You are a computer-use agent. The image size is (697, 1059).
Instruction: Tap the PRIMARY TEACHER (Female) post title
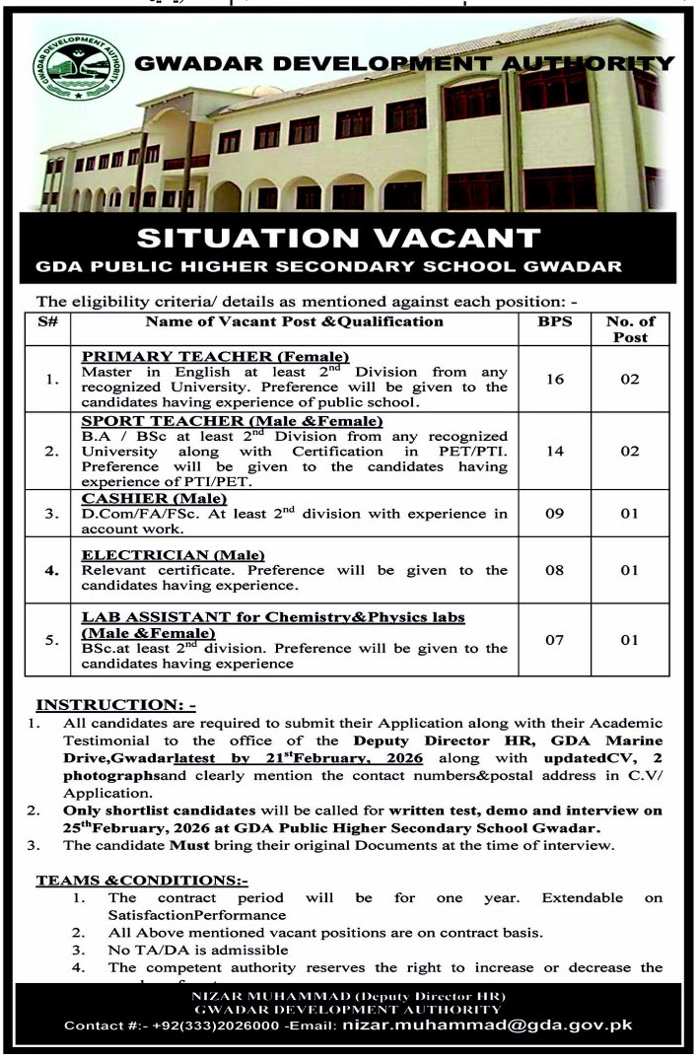(x=216, y=356)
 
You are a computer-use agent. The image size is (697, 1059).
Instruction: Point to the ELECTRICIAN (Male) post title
(x=166, y=555)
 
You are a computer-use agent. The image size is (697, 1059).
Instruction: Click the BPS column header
(x=555, y=321)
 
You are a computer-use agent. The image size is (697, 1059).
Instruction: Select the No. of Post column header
(x=630, y=328)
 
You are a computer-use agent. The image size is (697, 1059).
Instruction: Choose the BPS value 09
(x=555, y=514)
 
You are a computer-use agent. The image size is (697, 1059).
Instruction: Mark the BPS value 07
(x=555, y=640)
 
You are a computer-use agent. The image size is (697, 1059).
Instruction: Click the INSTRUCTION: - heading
(x=116, y=705)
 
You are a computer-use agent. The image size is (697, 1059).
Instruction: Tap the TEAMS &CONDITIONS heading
(x=142, y=880)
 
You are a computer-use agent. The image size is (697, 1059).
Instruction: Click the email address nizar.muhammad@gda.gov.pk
(x=487, y=1025)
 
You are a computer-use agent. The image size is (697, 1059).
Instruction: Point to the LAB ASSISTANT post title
(x=273, y=617)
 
